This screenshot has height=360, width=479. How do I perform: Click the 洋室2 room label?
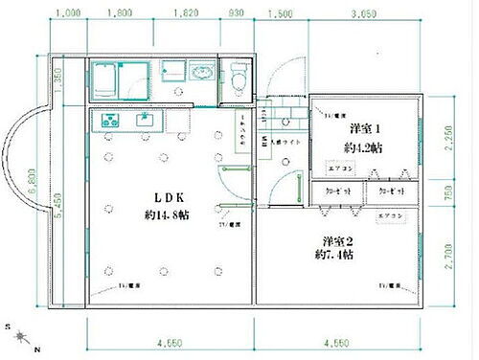(x=337, y=240)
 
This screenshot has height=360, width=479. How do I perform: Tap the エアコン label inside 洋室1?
(x=340, y=169)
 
